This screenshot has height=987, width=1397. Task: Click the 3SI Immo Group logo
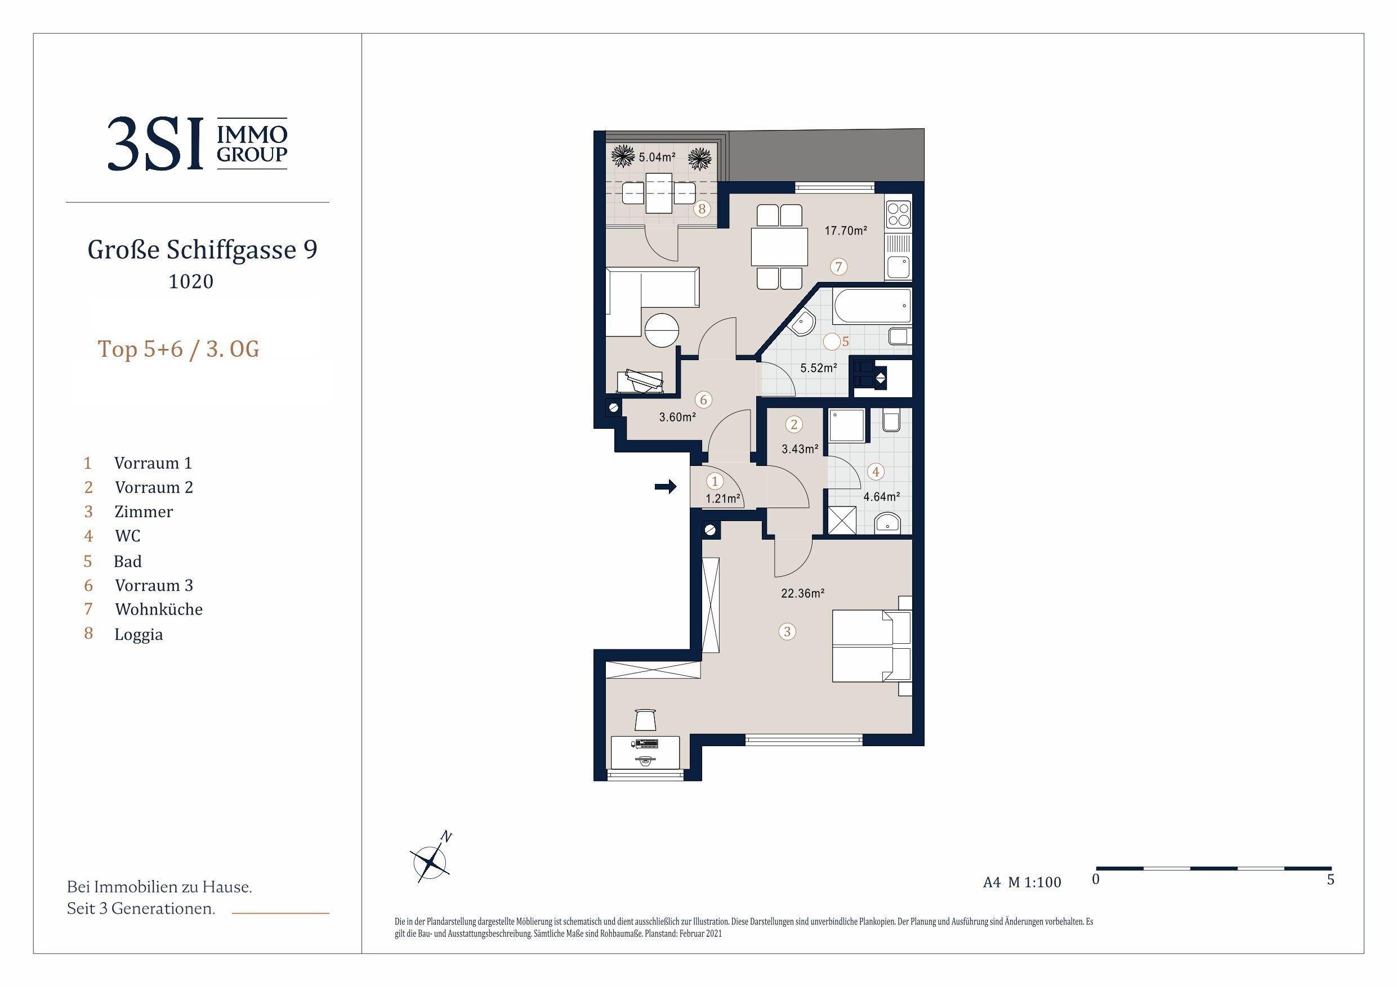pos(197,143)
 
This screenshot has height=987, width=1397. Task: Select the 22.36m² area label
pos(802,593)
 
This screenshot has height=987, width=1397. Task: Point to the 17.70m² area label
pos(845,231)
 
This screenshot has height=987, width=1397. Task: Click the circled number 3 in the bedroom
pos(787,631)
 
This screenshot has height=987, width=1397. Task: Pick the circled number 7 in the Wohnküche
pos(838,266)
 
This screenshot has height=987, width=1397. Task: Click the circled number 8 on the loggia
pos(702,209)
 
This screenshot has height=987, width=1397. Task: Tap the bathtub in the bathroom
pos(873,306)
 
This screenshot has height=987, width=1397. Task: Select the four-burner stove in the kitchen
pos(899,214)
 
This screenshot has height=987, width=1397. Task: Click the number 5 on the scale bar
pos(1330,880)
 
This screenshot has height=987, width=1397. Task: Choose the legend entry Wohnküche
pos(159,609)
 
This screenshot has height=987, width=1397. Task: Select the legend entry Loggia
pos(139,634)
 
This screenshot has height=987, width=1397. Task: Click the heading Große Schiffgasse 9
pos(203,249)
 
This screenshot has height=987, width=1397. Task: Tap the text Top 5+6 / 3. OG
pos(178,349)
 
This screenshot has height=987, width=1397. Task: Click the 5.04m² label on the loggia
pos(657,157)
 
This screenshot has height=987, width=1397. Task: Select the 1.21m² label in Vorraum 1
pos(723,499)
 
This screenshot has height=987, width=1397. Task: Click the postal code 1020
pos(191,281)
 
